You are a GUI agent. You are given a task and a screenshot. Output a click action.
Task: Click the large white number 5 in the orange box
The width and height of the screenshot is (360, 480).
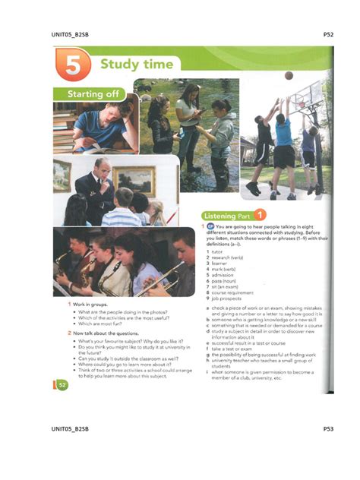(x=73, y=66)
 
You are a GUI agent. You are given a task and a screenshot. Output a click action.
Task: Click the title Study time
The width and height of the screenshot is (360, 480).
(x=137, y=64)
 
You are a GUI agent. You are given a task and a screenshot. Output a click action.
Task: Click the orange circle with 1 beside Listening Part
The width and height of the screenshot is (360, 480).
(x=260, y=214)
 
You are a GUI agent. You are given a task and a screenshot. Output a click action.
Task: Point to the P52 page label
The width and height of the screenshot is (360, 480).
(x=328, y=34)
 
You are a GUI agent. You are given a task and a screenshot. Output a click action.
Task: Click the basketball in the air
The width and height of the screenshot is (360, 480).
(x=288, y=75)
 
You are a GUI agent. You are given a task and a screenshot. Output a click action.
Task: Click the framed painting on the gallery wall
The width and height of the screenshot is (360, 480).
(x=134, y=179)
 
